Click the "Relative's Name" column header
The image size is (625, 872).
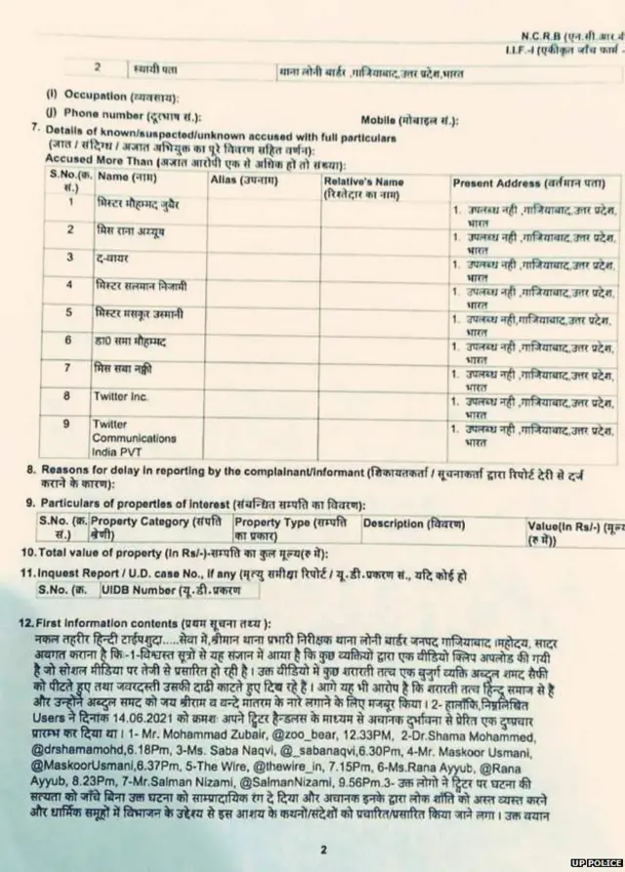[x=363, y=182]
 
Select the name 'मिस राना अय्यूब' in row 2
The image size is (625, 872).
[x=130, y=229]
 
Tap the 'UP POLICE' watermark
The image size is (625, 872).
[x=597, y=864]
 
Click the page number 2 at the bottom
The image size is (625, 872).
[x=322, y=850]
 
